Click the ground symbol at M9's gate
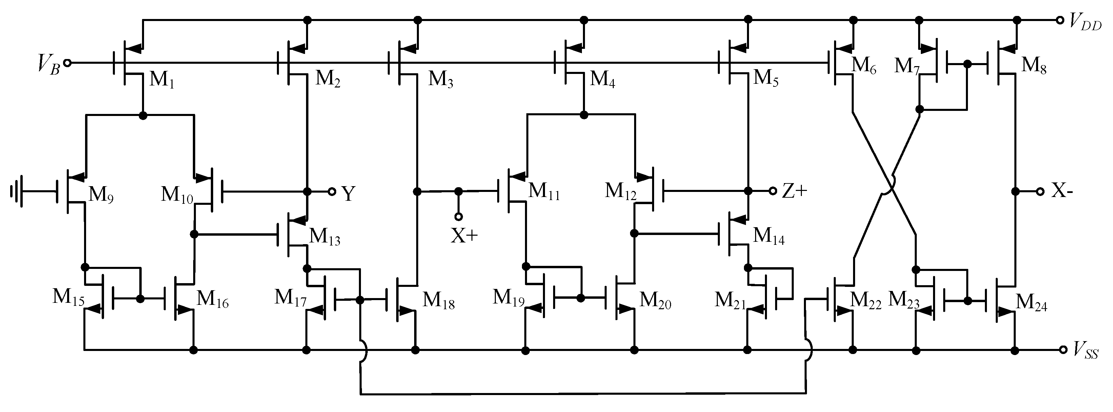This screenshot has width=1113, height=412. tap(16, 192)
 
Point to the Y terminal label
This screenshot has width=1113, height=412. tap(348, 193)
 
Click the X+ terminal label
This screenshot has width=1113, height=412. tap(464, 236)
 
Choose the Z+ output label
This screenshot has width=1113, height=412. tap(794, 192)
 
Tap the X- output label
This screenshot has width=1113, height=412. tap(1061, 191)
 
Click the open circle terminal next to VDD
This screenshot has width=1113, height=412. tap(1060, 20)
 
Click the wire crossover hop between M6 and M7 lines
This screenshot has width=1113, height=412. tap(887, 186)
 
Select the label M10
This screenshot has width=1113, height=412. tap(177, 195)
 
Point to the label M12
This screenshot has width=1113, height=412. tap(621, 192)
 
